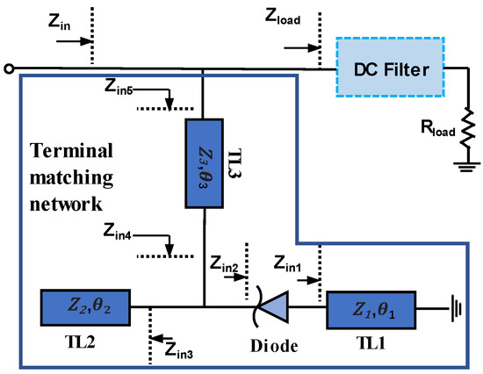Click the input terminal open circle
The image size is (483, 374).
click(8, 68)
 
